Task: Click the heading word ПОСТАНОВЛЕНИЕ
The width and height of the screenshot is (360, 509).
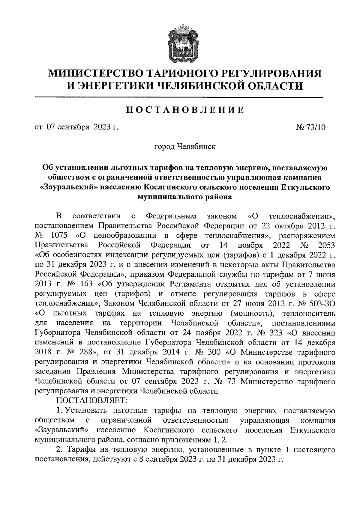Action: (184, 110)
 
